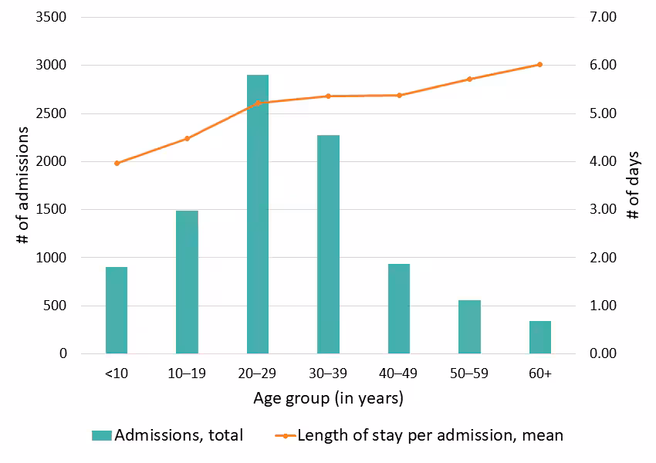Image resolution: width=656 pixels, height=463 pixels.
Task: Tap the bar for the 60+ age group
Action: [x=540, y=337]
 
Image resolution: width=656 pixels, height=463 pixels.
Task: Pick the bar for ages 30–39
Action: [x=328, y=244]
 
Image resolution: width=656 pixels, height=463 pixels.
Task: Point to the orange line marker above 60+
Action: [x=540, y=65]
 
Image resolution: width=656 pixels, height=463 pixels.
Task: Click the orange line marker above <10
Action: [x=117, y=163]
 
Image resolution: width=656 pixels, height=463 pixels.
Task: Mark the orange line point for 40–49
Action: [x=399, y=95]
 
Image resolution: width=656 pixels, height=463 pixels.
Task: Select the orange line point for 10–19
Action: [x=187, y=139]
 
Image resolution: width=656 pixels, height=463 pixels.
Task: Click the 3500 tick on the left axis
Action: [x=52, y=17]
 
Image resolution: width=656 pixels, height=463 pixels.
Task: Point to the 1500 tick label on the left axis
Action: [x=52, y=209]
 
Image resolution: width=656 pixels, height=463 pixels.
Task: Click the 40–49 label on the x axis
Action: [x=399, y=373]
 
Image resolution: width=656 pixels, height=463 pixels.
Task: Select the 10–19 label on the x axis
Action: [x=187, y=373]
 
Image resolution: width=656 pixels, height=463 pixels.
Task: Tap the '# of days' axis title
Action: [x=634, y=185]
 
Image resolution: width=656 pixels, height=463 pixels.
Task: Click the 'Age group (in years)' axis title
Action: [x=328, y=399]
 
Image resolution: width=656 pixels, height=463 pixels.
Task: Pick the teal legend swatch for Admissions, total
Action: [x=101, y=435]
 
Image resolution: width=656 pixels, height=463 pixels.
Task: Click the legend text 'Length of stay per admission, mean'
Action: [x=430, y=435]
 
